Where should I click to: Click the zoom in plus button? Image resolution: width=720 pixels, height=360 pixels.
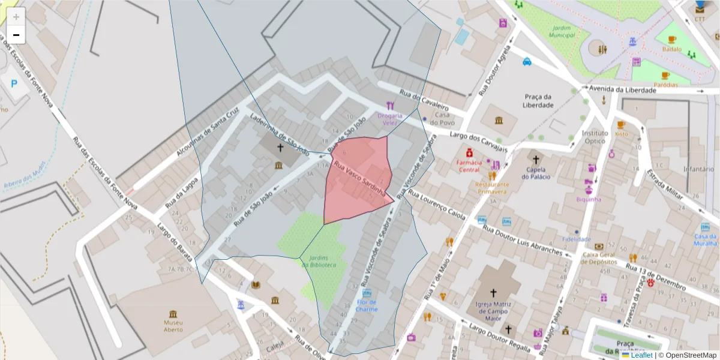pyautogui.click(x=16, y=17)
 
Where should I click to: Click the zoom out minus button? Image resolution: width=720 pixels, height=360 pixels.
pyautogui.click(x=16, y=35)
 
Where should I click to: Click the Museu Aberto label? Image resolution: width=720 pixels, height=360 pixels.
pyautogui.click(x=173, y=326)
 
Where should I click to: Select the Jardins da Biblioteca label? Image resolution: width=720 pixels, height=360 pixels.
pyautogui.click(x=323, y=262)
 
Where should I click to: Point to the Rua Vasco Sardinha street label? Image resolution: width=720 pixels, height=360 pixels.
pyautogui.click(x=359, y=179)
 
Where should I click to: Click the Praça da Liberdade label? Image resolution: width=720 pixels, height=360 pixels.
pyautogui.click(x=538, y=101)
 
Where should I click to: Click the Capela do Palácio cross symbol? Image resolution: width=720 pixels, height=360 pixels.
pyautogui.click(x=536, y=160)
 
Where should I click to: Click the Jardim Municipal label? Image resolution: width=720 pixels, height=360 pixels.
pyautogui.click(x=562, y=31)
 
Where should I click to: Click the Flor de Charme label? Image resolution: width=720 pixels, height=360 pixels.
pyautogui.click(x=367, y=305)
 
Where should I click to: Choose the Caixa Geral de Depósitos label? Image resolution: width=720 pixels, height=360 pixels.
pyautogui.click(x=599, y=257)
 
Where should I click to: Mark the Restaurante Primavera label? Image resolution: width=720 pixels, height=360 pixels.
pyautogui.click(x=493, y=188)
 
